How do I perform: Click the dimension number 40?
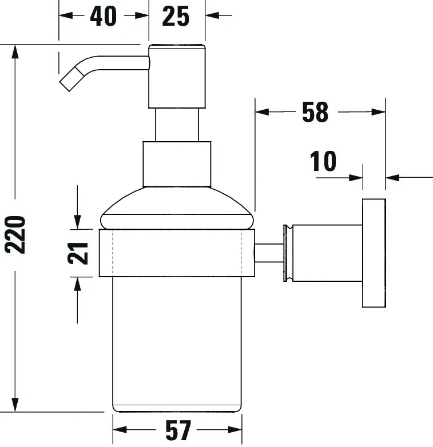pos(103,17)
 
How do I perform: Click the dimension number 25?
pos(175,17)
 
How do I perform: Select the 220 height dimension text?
pos(15,234)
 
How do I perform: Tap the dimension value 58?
pos(315,113)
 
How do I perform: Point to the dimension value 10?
pos(324,162)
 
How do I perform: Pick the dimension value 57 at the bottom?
pos(177,430)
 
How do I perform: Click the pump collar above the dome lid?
pos(177,163)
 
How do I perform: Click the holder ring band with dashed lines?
pos(177,253)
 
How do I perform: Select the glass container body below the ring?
pos(177,343)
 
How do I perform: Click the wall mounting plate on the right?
pos(374,253)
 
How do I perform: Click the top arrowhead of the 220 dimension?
pos(15,51)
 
